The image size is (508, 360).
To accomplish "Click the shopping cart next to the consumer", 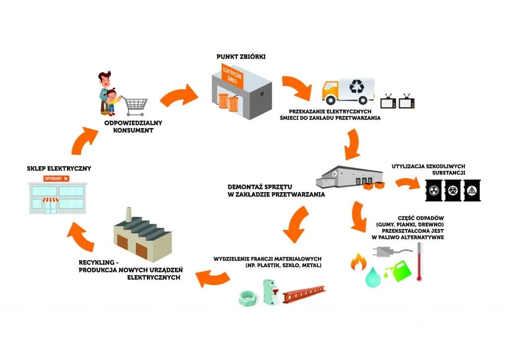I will click(135, 105).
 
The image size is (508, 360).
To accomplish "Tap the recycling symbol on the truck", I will click(357, 87).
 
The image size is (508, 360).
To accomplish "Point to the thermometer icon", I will click(419, 261).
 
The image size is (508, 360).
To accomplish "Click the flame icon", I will click(358, 261).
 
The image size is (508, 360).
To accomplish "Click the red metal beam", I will click(304, 296).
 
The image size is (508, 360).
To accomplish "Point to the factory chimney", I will click(128, 215).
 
